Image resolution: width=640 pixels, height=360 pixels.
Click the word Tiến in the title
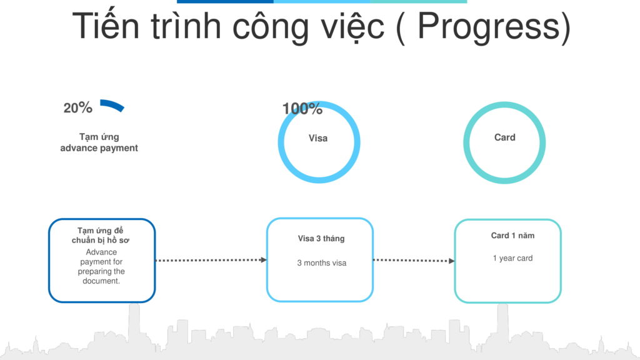[x=105, y=25]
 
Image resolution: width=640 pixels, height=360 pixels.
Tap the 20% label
[x=77, y=107]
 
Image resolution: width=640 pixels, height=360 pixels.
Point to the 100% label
[x=302, y=109]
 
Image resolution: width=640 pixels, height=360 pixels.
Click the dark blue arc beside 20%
[x=113, y=104]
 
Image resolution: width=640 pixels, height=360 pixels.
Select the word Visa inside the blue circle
[x=318, y=138]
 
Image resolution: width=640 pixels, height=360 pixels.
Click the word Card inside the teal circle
[x=504, y=137]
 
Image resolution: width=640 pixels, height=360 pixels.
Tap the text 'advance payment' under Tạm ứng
[x=99, y=147]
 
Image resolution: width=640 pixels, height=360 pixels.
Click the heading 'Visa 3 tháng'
[x=321, y=238]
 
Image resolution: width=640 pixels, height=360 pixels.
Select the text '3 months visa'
[x=322, y=263]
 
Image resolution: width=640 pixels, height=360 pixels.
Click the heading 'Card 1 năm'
[x=512, y=236]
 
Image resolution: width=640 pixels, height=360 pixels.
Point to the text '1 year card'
[x=512, y=258]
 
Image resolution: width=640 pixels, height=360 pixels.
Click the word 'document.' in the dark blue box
[x=101, y=281]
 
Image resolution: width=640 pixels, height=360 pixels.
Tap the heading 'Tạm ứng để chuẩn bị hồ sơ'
[x=101, y=236]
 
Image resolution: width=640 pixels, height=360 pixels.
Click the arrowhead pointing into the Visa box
[x=264, y=259]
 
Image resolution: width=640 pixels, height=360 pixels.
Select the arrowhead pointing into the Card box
[x=451, y=261]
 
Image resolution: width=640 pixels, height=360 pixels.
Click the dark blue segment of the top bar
[x=225, y=2]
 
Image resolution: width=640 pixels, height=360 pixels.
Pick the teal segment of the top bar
[x=418, y=2]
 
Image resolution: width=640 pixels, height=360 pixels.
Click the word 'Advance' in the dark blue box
[x=101, y=252]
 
